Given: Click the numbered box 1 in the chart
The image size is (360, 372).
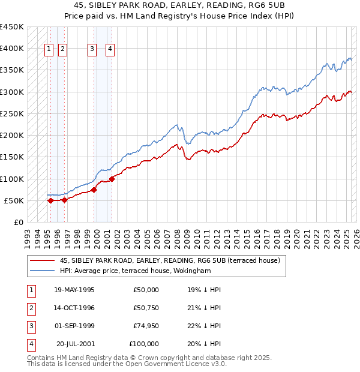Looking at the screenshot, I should pos(49,50).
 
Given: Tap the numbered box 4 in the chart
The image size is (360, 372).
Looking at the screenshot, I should pos(110,50).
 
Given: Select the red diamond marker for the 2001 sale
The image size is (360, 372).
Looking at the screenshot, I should pos(112,179).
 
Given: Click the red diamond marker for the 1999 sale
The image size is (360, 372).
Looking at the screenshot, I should pos(94,190).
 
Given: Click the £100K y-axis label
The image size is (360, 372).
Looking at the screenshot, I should pos(11,179).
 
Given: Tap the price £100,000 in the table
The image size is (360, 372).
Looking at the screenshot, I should pos(143,344).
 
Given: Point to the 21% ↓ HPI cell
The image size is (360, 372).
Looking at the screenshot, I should pos(204,308).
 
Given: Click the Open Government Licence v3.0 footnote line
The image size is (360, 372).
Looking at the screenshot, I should pos(127,364).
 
